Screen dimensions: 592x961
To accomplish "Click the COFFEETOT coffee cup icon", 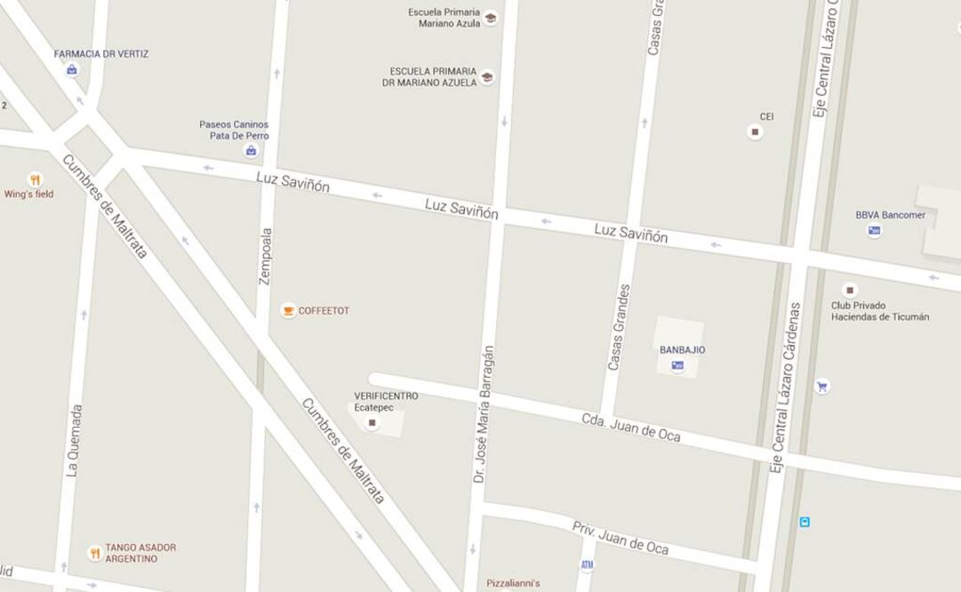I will pos(288,310).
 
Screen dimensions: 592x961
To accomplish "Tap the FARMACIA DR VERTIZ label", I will pos(101,54).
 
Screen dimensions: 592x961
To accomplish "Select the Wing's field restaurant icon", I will pos(35,180).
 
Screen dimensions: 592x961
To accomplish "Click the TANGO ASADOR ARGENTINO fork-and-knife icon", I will pos(95,553).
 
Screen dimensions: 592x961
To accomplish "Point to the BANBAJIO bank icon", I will pos(678,365).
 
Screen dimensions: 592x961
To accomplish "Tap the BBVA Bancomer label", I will pos(890,215).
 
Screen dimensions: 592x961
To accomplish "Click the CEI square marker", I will pos(756,132).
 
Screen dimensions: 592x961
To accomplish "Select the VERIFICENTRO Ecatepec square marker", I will pos(372,423).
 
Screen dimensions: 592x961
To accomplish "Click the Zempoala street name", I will pos(265,256).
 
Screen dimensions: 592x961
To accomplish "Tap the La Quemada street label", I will pos(75,441).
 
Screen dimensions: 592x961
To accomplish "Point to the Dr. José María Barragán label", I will pos(482,414).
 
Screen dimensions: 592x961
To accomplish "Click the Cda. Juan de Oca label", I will pos(631,428).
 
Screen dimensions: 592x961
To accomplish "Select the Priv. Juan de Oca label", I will pos(620,538).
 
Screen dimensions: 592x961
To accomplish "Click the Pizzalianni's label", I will pos(513,584).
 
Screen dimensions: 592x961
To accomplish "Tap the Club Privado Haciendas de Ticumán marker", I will pos(850,290).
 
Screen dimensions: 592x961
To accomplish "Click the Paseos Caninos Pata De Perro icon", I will pos(252,151).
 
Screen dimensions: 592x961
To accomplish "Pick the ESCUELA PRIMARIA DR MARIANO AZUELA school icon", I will pos(487,77).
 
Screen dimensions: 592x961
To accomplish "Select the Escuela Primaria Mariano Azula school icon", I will pos(490,18).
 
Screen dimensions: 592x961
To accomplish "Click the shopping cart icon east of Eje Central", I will pos(822,387).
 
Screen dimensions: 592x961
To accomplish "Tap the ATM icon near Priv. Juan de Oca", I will pos(587,564).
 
